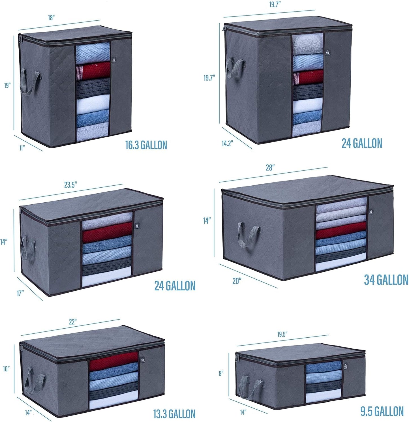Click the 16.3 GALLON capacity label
click(x=146, y=145)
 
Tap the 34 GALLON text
click(x=386, y=280)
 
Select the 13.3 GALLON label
click(x=174, y=414)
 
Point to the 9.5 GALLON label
click(x=382, y=411)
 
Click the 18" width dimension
click(x=51, y=18)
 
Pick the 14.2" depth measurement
click(x=227, y=143)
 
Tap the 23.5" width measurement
click(x=70, y=185)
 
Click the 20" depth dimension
click(x=237, y=281)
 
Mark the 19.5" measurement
click(x=282, y=334)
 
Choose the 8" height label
click(x=221, y=373)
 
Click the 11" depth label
click(x=22, y=148)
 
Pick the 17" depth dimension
click(x=20, y=294)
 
